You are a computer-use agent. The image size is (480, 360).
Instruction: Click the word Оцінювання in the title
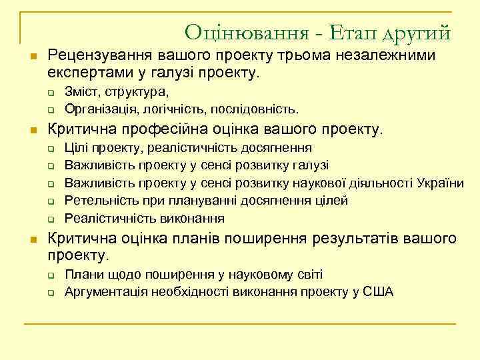point(239,31)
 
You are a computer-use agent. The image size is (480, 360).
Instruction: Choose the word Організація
point(97,108)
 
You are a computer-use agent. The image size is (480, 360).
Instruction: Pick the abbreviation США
point(377,291)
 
